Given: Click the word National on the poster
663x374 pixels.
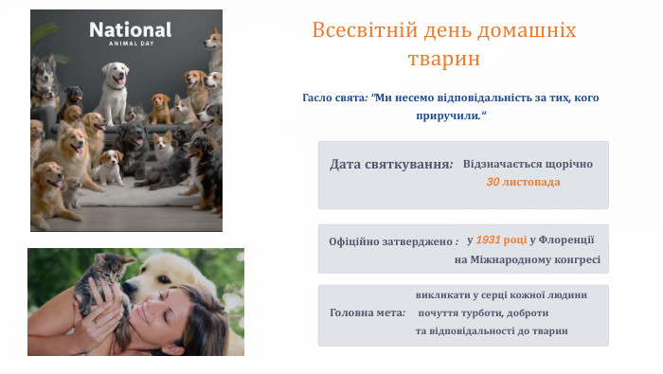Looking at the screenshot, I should (x=131, y=29).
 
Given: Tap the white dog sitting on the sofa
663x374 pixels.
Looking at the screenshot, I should (x=116, y=86).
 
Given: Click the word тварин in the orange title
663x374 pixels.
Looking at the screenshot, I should (x=444, y=59).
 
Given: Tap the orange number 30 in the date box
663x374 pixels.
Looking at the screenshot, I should (x=493, y=182).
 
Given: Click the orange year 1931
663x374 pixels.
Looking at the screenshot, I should (x=489, y=240).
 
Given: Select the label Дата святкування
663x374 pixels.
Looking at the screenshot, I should (x=390, y=165).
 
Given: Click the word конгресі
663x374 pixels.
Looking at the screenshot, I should (x=579, y=259).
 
